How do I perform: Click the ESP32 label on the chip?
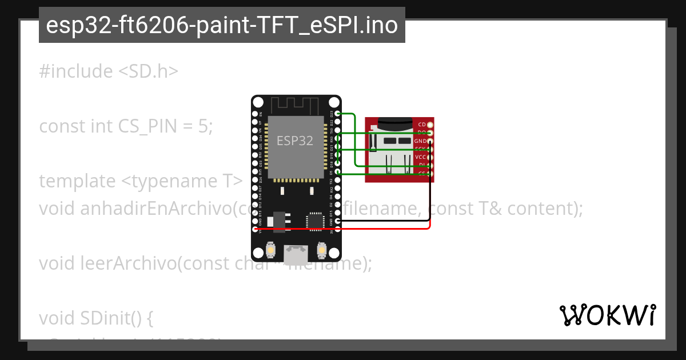(x=295, y=141)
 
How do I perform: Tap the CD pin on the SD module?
(x=430, y=125)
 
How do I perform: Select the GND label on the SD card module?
(x=420, y=141)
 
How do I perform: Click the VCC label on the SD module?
(x=420, y=157)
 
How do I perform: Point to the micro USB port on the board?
(x=296, y=252)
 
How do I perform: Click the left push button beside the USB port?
(x=271, y=250)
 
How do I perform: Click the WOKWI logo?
(x=607, y=315)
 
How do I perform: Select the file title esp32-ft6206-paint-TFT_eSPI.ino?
(x=222, y=25)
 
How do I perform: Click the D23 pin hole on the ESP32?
(x=338, y=114)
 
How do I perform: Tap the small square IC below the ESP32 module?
(x=316, y=222)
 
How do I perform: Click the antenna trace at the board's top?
(x=294, y=106)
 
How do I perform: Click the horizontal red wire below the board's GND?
(x=383, y=229)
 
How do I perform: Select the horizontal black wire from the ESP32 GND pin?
(x=383, y=221)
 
